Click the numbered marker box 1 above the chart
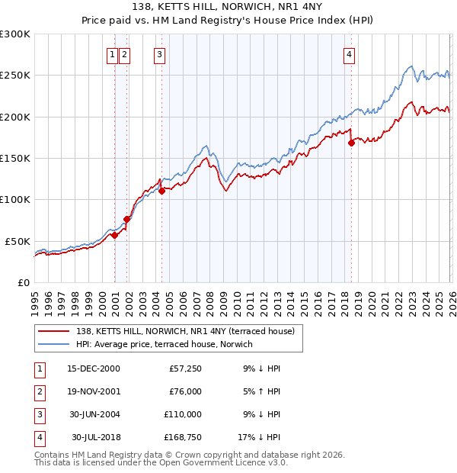pyautogui.click(x=112, y=54)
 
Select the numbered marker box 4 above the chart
pyautogui.click(x=349, y=54)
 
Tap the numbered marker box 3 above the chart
pyautogui.click(x=159, y=54)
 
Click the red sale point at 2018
pyautogui.click(x=351, y=143)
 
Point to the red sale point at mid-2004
pyautogui.click(x=162, y=191)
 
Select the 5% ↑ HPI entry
pyautogui.click(x=260, y=391)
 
